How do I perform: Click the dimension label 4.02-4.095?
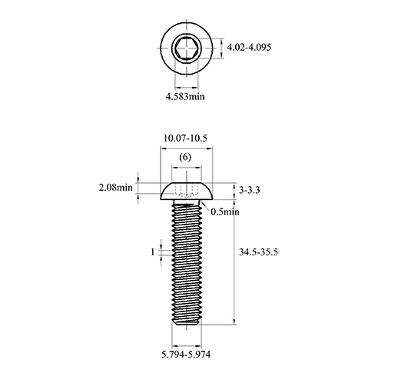tap(249, 48)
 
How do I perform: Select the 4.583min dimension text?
tap(185, 97)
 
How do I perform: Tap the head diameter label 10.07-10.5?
tap(185, 138)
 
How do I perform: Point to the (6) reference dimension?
tap(185, 157)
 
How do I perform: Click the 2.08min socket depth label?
tap(116, 188)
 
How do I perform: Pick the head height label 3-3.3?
tap(250, 190)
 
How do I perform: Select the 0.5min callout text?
tap(225, 211)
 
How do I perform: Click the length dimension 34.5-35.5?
tap(258, 252)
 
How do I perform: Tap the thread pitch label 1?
tap(153, 252)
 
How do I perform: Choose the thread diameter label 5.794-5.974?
tap(186, 355)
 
